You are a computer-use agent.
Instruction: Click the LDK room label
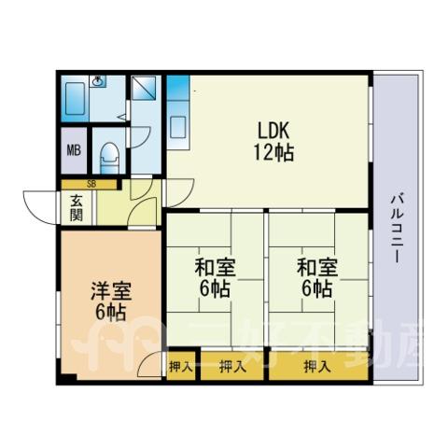(273, 131)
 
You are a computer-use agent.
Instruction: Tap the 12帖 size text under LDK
(273, 152)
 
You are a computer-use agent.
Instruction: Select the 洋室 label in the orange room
(111, 291)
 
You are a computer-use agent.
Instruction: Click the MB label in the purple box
(74, 150)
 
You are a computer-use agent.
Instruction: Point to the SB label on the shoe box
(91, 184)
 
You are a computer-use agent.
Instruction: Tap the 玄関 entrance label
(76, 208)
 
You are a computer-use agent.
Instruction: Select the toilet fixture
(109, 158)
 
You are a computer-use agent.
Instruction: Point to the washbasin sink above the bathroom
(98, 81)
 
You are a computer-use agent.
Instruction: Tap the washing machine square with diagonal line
(144, 88)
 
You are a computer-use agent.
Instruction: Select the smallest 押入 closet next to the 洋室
(181, 366)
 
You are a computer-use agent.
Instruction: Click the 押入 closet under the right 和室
(318, 367)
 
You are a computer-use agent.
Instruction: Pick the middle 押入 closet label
(232, 367)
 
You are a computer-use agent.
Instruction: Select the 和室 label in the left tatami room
(215, 268)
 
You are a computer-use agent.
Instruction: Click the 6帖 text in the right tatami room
(317, 289)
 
